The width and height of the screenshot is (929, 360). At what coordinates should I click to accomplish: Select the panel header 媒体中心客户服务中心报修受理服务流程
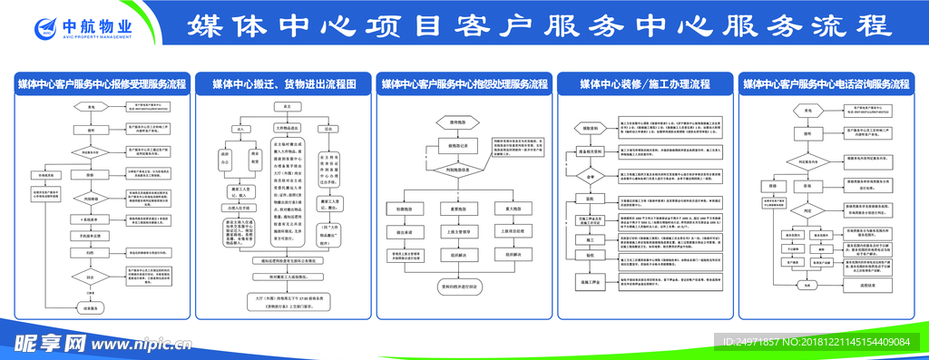102,84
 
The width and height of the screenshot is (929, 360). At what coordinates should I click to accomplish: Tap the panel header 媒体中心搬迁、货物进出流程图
284,84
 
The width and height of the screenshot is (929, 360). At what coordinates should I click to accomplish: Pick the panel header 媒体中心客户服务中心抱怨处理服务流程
464,84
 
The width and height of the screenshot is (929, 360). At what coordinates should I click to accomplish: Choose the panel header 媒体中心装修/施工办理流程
645,84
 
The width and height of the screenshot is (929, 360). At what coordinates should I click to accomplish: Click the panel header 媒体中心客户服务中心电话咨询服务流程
826,84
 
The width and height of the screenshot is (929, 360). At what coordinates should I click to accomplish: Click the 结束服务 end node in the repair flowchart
91,308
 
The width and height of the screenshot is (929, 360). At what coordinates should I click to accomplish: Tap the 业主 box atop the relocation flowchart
287,106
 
